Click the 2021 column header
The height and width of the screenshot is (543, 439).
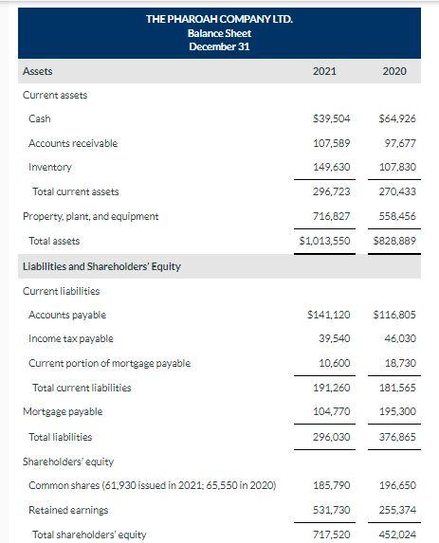pos(324,71)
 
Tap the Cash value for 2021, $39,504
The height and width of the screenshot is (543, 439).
pos(332,118)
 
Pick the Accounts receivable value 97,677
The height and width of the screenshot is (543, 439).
pos(399,143)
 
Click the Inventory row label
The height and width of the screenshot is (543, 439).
pos(50,167)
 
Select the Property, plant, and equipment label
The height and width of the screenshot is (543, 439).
pos(90,216)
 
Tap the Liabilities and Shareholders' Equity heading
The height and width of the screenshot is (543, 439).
pos(101,266)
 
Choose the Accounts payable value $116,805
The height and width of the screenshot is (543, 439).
pos(396,315)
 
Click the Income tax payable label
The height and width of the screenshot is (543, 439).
pos(71,338)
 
